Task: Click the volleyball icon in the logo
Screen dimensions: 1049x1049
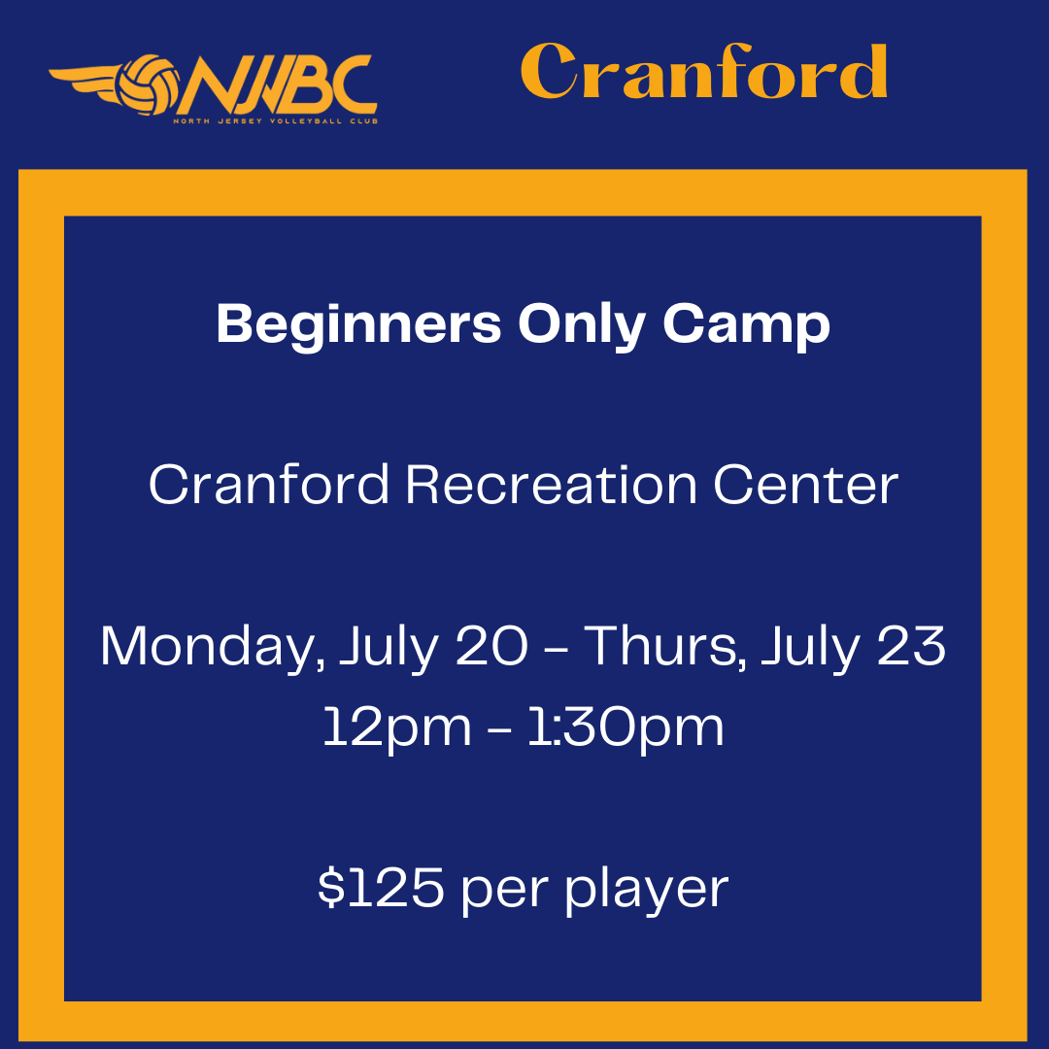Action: pyautogui.click(x=148, y=85)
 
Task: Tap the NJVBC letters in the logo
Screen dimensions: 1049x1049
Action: pyautogui.click(x=277, y=85)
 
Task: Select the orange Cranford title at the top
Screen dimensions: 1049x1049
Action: pyautogui.click(x=704, y=71)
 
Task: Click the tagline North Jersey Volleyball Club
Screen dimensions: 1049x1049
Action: pyautogui.click(x=276, y=121)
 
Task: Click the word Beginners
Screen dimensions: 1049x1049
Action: pyautogui.click(x=358, y=325)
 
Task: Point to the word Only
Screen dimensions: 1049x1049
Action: pyautogui.click(x=582, y=325)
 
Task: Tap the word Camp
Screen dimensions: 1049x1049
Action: pyautogui.click(x=746, y=325)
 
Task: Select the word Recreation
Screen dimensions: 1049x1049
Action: pyautogui.click(x=552, y=485)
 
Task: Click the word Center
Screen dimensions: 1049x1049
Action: pyautogui.click(x=806, y=485)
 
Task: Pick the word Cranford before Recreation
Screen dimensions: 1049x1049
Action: pyautogui.click(x=269, y=485)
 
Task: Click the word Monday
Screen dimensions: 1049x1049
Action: pyautogui.click(x=213, y=647)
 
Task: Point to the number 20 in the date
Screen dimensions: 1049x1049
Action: pyautogui.click(x=491, y=646)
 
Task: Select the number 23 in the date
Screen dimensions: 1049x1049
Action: pyautogui.click(x=911, y=646)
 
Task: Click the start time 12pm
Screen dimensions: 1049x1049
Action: pyautogui.click(x=397, y=728)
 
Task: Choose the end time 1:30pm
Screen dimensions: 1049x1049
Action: pyautogui.click(x=626, y=728)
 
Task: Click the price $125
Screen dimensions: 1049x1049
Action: pyautogui.click(x=381, y=888)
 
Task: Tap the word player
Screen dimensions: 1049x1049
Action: pyautogui.click(x=647, y=891)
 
